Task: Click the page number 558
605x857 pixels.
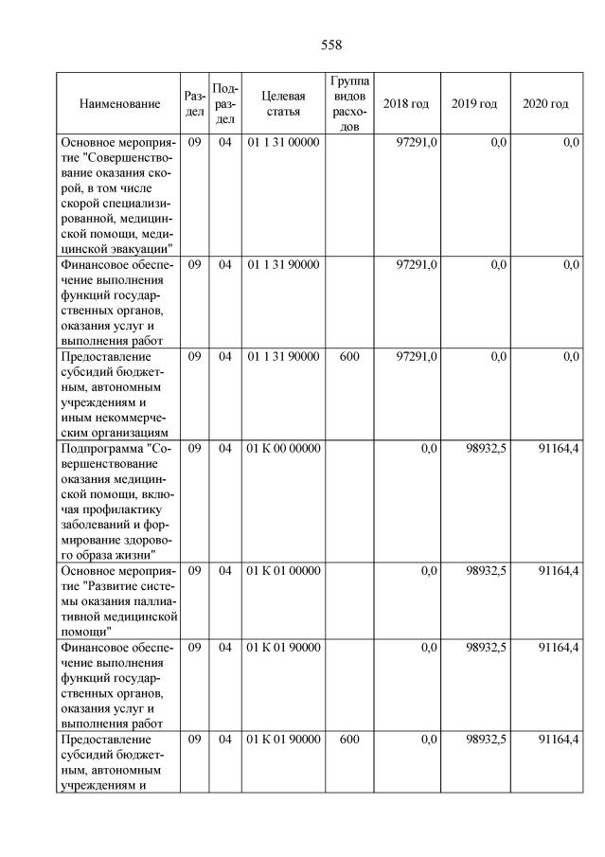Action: (x=330, y=45)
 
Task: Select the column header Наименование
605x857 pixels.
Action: (x=119, y=103)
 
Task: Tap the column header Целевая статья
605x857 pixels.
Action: (x=284, y=103)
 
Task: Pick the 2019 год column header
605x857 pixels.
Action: (x=474, y=103)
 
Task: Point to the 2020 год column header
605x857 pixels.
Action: (x=545, y=103)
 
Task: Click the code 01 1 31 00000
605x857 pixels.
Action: (x=284, y=142)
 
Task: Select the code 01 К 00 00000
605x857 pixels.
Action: (x=284, y=448)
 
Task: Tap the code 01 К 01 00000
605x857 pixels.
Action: (x=284, y=571)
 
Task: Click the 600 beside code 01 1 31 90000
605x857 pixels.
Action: (x=349, y=357)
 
